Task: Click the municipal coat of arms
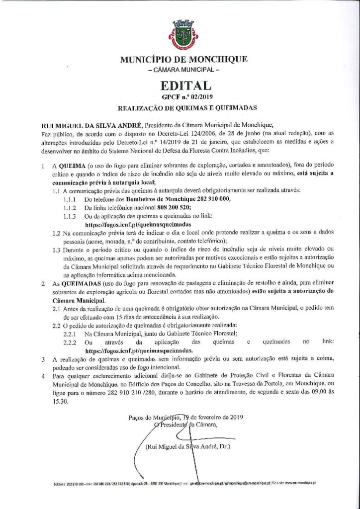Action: (180, 35)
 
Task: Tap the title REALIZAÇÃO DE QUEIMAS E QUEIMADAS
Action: (180, 107)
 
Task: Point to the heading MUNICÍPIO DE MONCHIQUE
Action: (180, 61)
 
